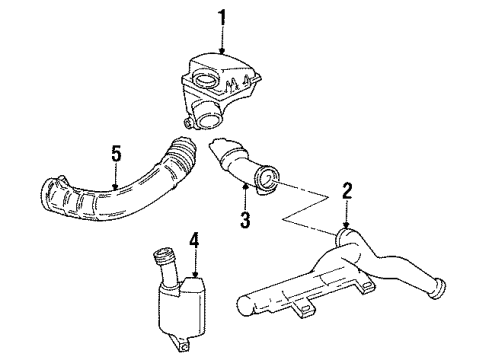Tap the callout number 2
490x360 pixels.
(x=347, y=191)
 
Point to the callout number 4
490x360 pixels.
(x=194, y=241)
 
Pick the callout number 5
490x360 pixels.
(x=116, y=154)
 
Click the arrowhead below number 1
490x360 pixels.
(x=222, y=50)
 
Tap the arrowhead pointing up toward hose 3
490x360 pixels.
(x=246, y=187)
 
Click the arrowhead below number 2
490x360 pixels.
(x=347, y=225)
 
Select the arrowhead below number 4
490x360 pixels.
(x=195, y=274)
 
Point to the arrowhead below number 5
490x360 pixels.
(x=115, y=187)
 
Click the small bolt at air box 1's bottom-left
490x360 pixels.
(x=188, y=124)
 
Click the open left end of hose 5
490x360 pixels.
(x=50, y=196)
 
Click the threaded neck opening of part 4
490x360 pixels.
(x=161, y=255)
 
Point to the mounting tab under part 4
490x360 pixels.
(x=180, y=343)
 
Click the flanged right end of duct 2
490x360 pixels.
(x=437, y=290)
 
